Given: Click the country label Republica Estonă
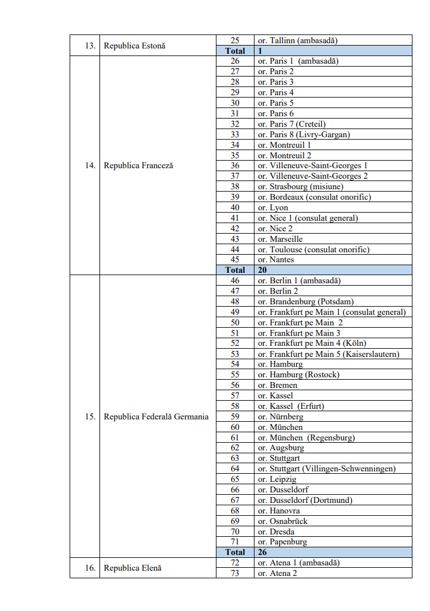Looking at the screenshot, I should tap(135, 46).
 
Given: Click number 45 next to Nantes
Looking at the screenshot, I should tap(235, 259).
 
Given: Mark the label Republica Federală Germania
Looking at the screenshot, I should tap(156, 416).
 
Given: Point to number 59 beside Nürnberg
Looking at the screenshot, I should tap(235, 416).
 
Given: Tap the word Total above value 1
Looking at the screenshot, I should tap(235, 51).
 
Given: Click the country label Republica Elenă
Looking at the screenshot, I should tap(132, 568).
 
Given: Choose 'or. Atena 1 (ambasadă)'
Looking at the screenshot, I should tap(298, 563).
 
